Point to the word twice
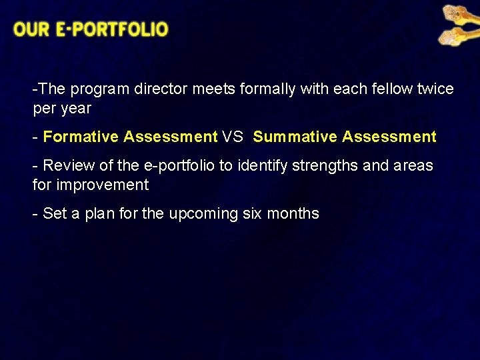[434, 89]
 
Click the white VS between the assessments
[233, 137]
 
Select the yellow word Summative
[295, 137]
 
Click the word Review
[68, 165]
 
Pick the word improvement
[102, 185]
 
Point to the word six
[252, 213]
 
